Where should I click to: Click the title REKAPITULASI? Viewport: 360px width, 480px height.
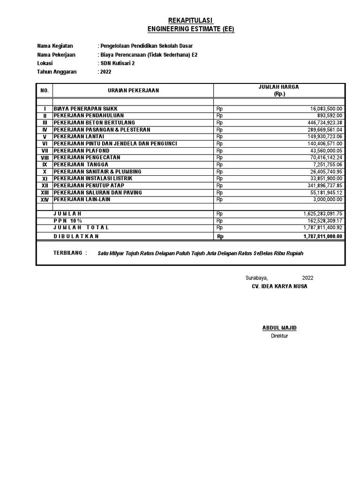(190, 20)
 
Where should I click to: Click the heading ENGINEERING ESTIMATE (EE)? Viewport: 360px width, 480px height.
(190, 29)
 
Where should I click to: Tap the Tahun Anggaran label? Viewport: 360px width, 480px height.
(56, 72)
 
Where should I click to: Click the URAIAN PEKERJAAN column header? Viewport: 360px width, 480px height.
(134, 90)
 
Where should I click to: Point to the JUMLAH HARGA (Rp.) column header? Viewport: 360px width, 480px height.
(279, 90)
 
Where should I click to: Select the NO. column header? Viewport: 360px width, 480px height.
(45, 90)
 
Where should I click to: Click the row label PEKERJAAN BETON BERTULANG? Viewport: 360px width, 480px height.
(94, 122)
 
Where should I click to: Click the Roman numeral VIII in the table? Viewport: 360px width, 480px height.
(45, 158)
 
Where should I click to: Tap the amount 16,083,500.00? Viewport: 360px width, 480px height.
(326, 109)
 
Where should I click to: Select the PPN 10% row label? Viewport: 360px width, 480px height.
(67, 221)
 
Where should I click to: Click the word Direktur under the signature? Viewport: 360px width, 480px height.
(279, 336)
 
